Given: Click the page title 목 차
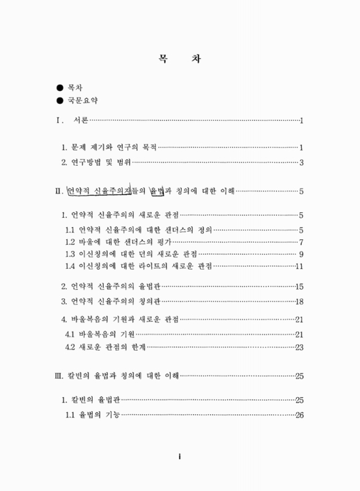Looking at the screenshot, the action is (x=180, y=60).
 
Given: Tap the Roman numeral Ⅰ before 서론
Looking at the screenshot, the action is (x=57, y=120).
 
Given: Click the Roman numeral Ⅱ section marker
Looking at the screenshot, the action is (x=58, y=191).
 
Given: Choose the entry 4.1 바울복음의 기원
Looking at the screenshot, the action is (x=100, y=334).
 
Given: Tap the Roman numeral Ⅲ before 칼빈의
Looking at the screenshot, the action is (x=58, y=376).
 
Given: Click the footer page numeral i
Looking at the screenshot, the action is (x=179, y=457).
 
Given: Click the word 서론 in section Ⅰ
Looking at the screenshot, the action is (x=80, y=120).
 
